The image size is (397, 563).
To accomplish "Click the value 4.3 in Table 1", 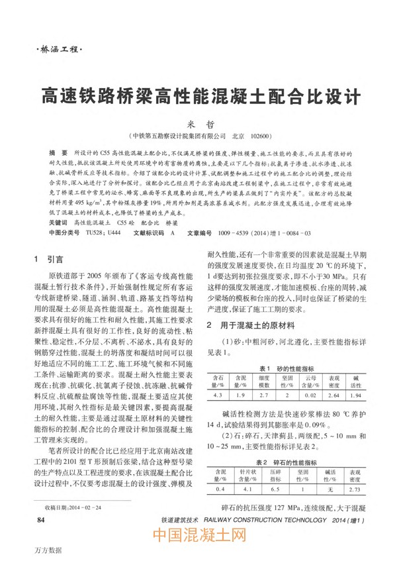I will [x=218, y=395].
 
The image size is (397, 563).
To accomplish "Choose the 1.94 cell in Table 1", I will [x=355, y=395].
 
